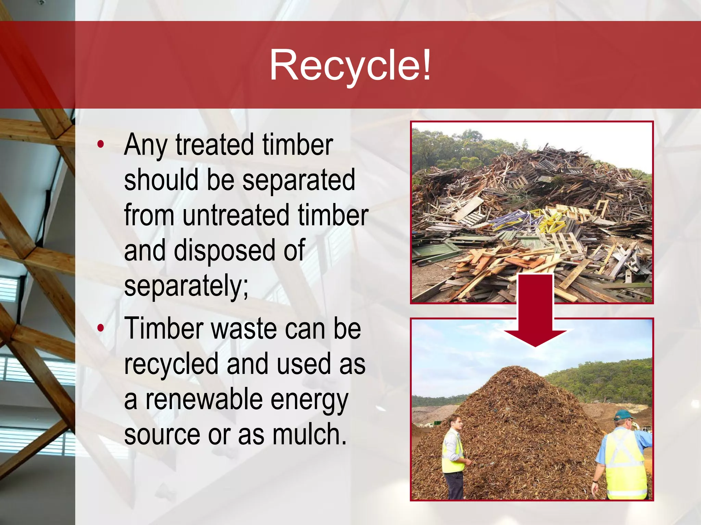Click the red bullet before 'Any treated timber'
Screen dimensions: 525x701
pos(100,144)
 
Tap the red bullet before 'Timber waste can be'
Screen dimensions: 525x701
pos(100,328)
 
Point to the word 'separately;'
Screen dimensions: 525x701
pos(186,286)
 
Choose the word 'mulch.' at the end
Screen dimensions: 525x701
pos(309,435)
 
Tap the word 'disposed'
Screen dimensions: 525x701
pos(225,251)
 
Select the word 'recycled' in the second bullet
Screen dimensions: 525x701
pos(171,364)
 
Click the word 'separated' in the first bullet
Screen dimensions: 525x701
pos(298,180)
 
